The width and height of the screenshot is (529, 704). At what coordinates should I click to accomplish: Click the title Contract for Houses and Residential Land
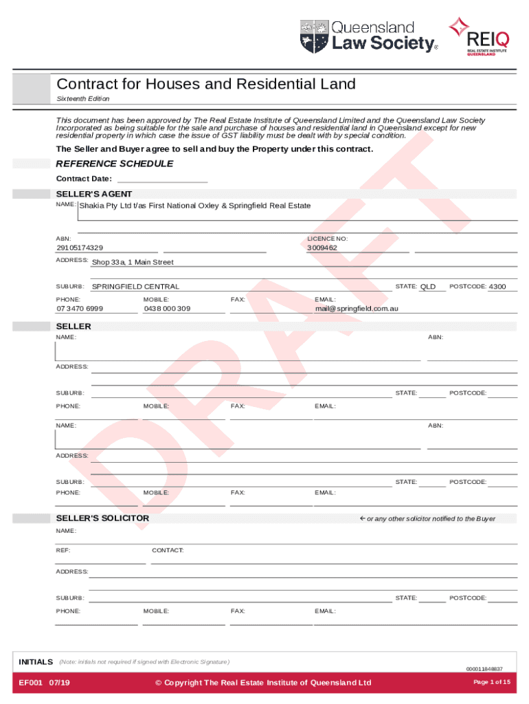click(206, 85)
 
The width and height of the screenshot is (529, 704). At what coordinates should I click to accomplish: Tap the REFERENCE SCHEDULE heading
click(114, 164)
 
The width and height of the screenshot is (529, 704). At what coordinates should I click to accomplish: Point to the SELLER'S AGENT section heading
click(94, 194)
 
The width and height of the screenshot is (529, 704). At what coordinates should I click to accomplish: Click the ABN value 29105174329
click(80, 247)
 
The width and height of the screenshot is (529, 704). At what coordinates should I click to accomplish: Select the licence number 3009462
click(322, 247)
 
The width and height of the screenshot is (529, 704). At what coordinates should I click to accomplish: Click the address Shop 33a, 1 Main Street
click(133, 262)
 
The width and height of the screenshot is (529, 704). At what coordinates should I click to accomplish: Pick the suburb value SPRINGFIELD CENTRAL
click(135, 287)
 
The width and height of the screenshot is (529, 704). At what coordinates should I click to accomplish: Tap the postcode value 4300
click(497, 287)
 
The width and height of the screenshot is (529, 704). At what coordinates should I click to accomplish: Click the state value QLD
click(428, 287)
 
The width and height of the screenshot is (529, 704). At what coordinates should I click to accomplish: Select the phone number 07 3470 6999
click(80, 309)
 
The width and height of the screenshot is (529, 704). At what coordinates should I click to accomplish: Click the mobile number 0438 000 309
click(167, 309)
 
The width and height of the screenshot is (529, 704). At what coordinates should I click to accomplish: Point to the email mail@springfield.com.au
click(357, 309)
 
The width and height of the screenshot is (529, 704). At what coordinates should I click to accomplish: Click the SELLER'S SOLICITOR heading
click(102, 518)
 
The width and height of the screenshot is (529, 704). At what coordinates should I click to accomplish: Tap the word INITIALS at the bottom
click(36, 661)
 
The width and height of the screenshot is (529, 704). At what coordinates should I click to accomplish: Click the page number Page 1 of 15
click(492, 682)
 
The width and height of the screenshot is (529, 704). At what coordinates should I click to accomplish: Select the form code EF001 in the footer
click(32, 682)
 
